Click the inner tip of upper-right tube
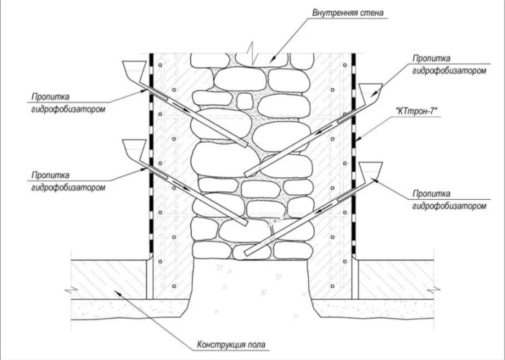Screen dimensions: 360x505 (x=247, y=174)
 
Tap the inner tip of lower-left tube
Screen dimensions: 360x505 (x=247, y=224)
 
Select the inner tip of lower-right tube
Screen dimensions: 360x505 (x=247, y=253)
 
